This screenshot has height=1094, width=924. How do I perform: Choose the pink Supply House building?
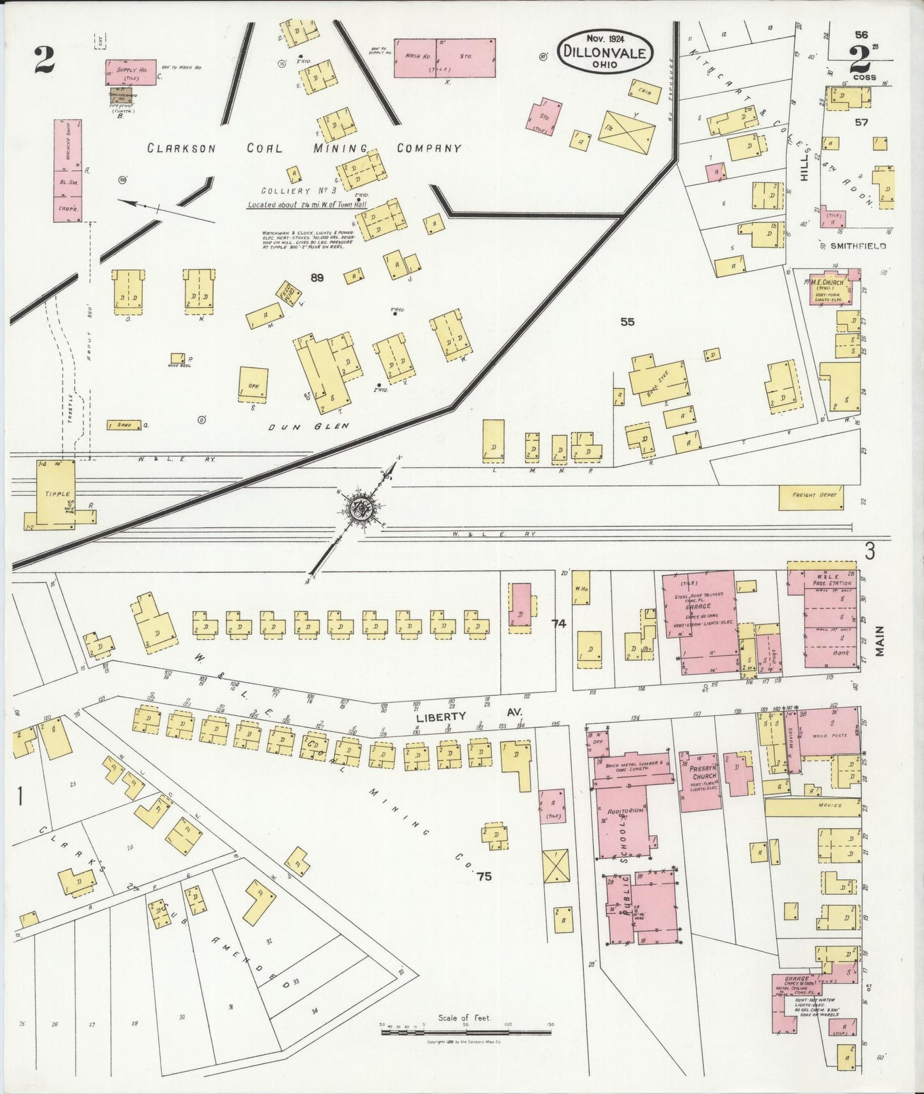[x=130, y=72]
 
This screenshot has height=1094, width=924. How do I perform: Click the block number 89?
[x=317, y=277]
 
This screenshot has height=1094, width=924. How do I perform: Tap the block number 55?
[x=627, y=322]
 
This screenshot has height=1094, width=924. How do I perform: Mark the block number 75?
[x=484, y=876]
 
